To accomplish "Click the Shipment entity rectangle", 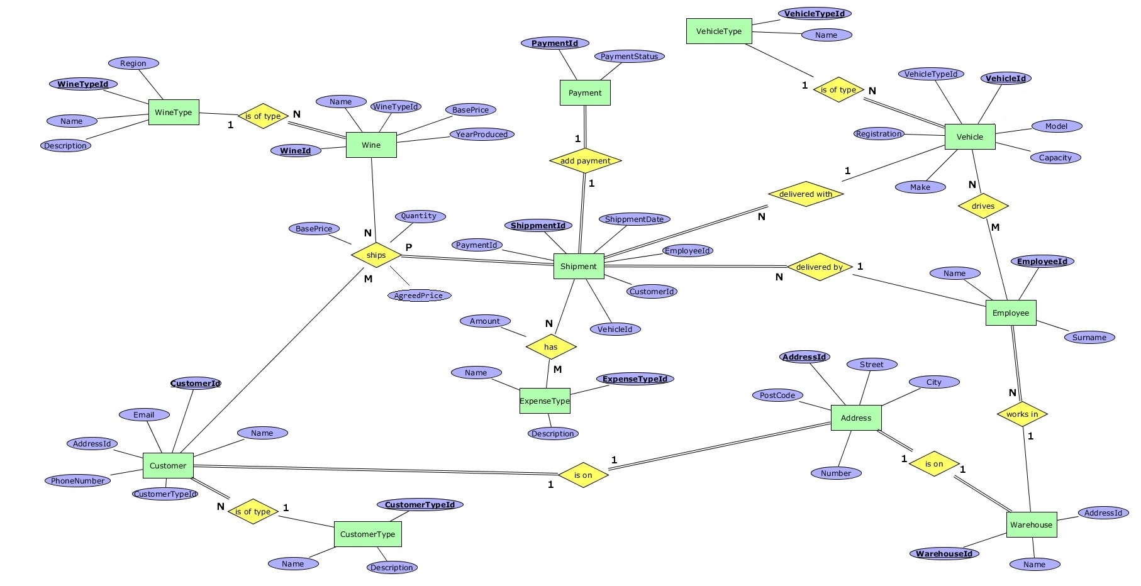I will pos(578,266).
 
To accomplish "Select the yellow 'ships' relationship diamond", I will pos(376,255).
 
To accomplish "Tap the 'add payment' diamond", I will pos(585,161).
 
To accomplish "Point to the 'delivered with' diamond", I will pos(805,194).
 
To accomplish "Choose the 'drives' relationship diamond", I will pos(982,206).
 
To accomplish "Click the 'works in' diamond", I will pos(1021,414).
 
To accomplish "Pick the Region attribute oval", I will pos(133,63).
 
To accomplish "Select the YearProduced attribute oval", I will pos(482,135).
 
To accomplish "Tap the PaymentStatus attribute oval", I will pos(629,57).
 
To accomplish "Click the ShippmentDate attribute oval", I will pos(634,219).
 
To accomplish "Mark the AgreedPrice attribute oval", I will pos(418,296).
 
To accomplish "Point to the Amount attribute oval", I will pos(485,321).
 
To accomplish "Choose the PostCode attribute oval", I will pos(777,395).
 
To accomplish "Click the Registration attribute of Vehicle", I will pos(879,134).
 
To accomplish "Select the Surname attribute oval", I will pos(1089,338).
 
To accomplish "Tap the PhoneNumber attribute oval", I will pos(78,481).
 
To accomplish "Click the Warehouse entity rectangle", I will pos(1031,525).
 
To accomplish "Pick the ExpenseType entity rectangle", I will pos(545,401).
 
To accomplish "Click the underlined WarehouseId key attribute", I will pos(943,554).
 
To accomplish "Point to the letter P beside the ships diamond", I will pos(409,248).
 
